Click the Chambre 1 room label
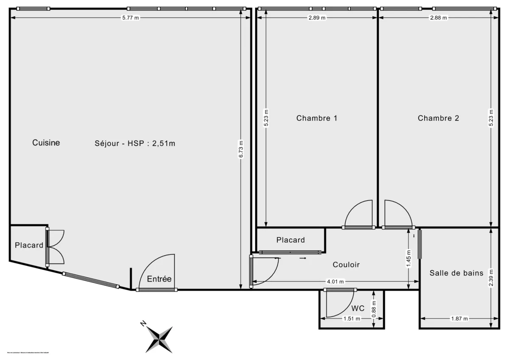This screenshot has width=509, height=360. click(316, 118)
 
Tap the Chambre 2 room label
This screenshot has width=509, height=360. click(438, 118)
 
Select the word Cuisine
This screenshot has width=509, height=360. click(46, 143)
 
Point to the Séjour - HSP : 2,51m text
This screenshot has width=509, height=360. click(135, 143)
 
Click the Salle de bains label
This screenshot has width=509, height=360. click(456, 273)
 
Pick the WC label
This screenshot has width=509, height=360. click(358, 308)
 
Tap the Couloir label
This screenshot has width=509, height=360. click(346, 265)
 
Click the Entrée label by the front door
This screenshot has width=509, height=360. click(159, 279)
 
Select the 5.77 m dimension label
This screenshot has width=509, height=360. click(131, 18)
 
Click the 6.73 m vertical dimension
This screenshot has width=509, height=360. click(241, 149)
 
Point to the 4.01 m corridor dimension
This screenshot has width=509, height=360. click(335, 282)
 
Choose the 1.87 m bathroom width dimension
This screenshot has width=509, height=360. click(460, 319)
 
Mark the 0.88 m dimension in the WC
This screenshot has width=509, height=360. click(373, 308)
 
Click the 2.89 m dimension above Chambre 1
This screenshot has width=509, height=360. click(317, 18)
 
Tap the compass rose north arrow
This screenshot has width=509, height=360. click(159, 339)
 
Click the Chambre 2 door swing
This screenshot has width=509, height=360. click(397, 215)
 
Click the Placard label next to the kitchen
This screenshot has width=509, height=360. click(29, 245)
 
